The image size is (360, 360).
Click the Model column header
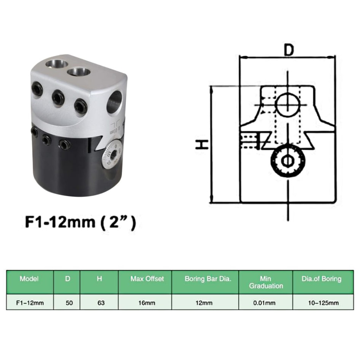29,279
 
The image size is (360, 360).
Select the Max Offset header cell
147,279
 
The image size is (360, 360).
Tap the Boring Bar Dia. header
208,279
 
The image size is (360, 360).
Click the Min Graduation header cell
266,282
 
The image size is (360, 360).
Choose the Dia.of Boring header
322,279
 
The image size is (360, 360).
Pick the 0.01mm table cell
266,303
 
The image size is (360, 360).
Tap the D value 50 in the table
68,303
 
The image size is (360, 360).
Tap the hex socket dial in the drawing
288,161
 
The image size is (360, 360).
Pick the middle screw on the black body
46,140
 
